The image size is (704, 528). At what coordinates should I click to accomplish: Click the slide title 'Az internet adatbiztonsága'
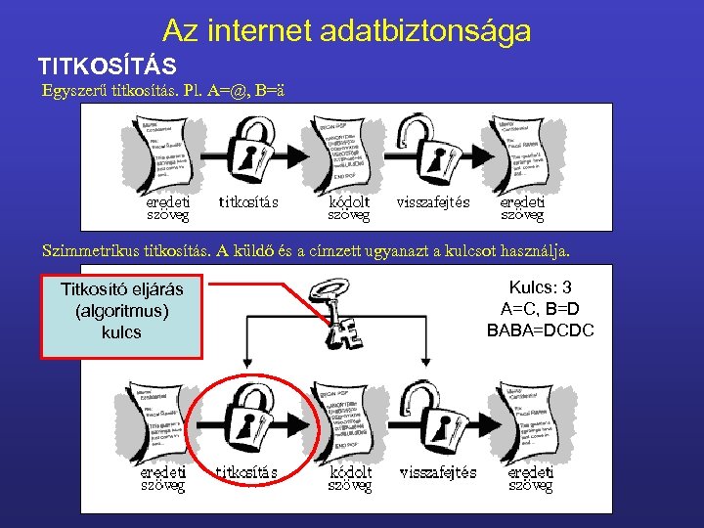[347, 31]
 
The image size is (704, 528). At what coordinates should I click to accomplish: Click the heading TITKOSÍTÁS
[107, 66]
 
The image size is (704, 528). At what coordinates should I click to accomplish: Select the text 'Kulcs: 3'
[540, 287]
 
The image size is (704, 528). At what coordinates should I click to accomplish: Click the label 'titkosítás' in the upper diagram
[248, 202]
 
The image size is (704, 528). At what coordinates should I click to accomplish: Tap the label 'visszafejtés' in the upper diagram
[433, 202]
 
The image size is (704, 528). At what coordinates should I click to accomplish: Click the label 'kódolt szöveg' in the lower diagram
[349, 478]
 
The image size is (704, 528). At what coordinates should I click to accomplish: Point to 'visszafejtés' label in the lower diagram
[437, 472]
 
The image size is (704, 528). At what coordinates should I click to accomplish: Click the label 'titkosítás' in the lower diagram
[245, 472]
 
